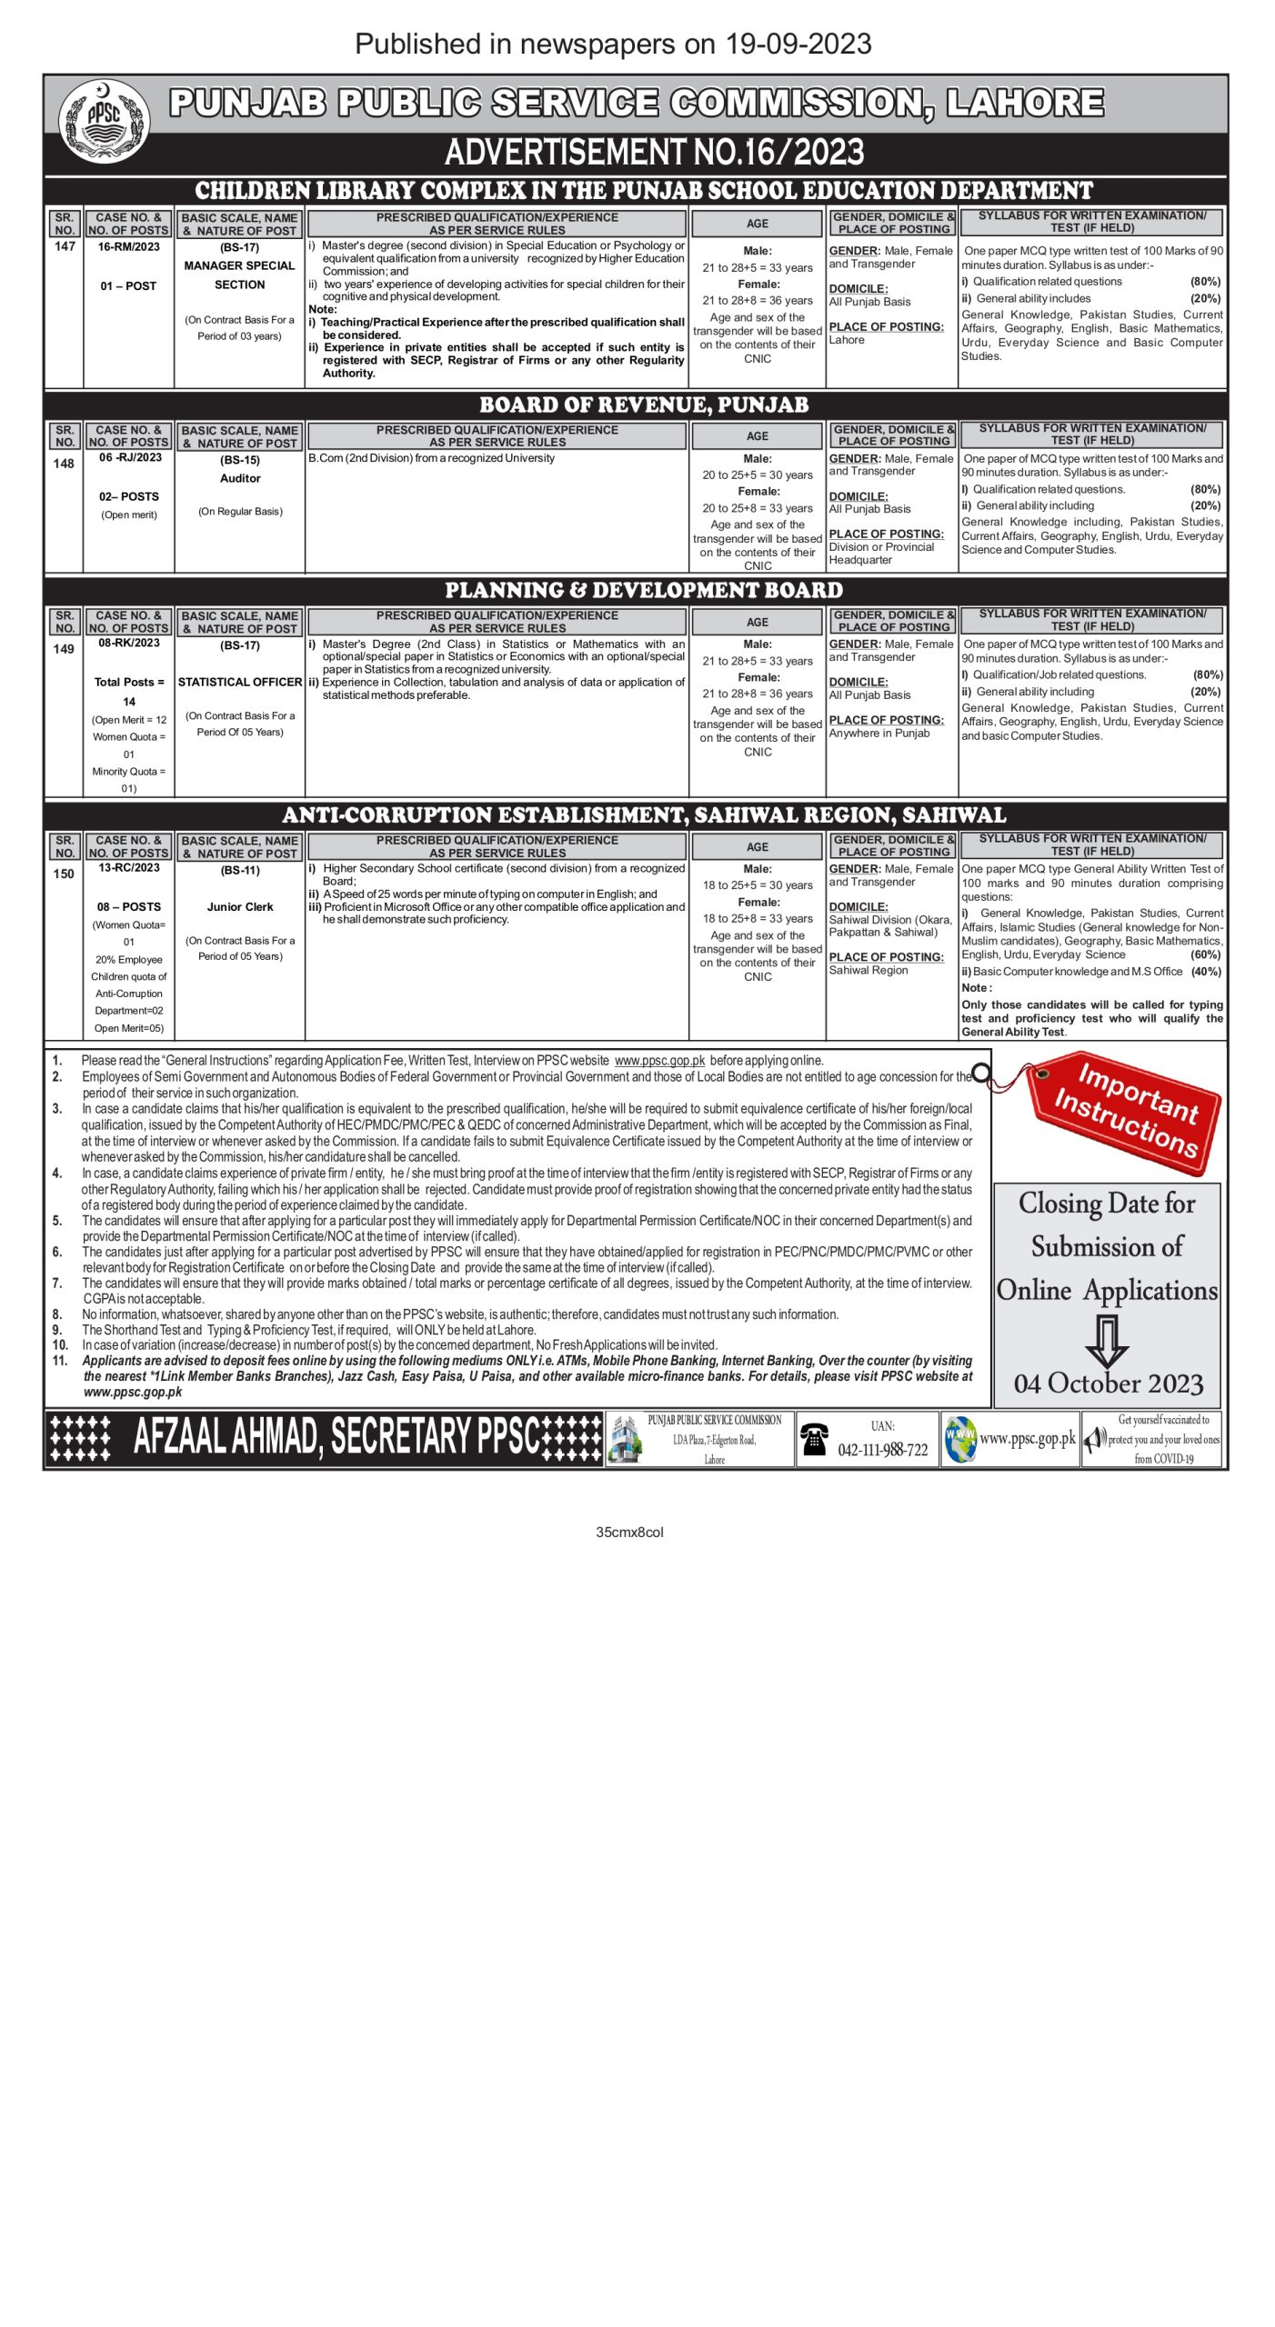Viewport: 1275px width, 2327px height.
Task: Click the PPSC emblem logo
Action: pos(104,121)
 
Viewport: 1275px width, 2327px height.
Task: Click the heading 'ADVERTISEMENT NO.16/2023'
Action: pos(654,153)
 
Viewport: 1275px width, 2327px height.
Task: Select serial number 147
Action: pos(65,246)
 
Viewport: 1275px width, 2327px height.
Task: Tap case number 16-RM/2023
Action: pos(128,247)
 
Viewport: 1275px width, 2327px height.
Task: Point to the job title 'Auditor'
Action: pos(240,478)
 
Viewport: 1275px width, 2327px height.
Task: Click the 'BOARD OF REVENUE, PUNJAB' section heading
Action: pos(644,405)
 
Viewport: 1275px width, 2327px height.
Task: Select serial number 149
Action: pos(64,649)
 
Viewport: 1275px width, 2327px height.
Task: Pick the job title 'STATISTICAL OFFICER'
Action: pos(240,682)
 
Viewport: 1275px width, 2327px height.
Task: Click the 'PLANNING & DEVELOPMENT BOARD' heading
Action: pos(644,591)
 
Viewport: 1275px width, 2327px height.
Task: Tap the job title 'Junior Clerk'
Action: pos(240,906)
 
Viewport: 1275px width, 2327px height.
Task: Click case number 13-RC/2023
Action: pos(128,868)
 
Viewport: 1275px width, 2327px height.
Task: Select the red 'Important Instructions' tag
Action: pos(1125,1113)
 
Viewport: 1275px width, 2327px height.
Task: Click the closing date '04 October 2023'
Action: pos(1109,1383)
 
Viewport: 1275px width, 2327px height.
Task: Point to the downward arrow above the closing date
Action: pos(1107,1340)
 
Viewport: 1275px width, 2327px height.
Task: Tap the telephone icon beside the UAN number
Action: pos(813,1439)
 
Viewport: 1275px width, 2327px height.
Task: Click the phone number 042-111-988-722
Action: pos(882,1450)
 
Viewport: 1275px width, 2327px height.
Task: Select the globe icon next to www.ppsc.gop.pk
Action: pos(959,1439)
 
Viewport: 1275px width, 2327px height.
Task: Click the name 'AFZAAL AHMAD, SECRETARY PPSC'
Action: pos(336,1437)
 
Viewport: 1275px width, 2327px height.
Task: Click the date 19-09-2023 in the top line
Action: pos(798,44)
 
